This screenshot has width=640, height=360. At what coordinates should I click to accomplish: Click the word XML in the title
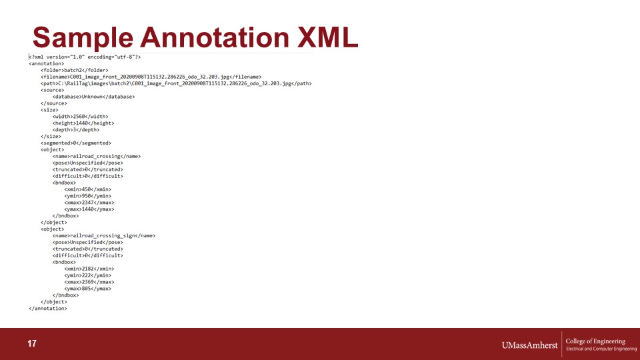point(328,37)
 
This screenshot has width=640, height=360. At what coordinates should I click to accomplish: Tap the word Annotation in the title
point(215,37)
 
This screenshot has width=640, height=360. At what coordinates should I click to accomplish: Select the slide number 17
point(32,344)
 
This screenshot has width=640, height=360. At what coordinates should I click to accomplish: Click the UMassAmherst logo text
point(529,345)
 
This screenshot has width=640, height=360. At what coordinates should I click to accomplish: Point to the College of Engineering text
point(595,341)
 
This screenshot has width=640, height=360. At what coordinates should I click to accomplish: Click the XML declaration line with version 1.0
point(85,57)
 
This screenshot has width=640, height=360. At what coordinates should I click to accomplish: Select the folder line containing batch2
point(74,70)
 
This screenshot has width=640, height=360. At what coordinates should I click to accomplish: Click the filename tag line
point(151,77)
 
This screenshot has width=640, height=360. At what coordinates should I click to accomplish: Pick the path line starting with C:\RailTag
point(176,83)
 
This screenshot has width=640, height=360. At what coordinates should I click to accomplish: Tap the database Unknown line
point(93,97)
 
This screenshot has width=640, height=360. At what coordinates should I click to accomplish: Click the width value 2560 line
point(81,116)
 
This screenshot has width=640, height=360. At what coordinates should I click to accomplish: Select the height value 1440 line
point(83,123)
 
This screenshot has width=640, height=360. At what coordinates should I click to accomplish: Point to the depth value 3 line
point(76,130)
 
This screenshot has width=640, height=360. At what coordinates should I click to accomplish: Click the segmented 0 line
point(76,143)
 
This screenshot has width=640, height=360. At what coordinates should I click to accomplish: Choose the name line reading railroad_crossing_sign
point(104,235)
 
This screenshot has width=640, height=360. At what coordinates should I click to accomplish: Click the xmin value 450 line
point(88,189)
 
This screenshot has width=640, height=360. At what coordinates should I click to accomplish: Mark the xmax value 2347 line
point(89,203)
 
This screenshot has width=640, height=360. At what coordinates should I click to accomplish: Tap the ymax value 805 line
point(88,289)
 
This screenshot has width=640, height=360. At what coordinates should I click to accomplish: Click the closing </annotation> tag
point(48,309)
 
